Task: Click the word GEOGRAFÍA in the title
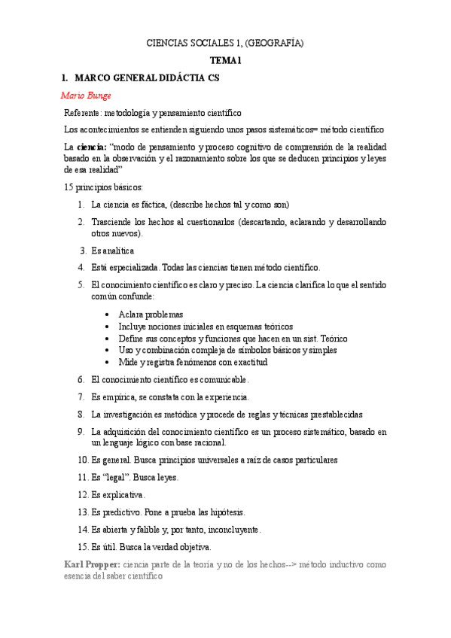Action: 278,44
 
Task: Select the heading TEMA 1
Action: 225,60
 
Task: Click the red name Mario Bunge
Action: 85,96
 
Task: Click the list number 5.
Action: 81,284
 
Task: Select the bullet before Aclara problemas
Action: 110,314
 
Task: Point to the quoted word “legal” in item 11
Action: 114,478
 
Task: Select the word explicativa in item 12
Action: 123,495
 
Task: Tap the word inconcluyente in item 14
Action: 233,529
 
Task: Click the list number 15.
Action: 83,546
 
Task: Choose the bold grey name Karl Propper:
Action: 92,564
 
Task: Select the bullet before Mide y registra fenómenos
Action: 110,362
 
